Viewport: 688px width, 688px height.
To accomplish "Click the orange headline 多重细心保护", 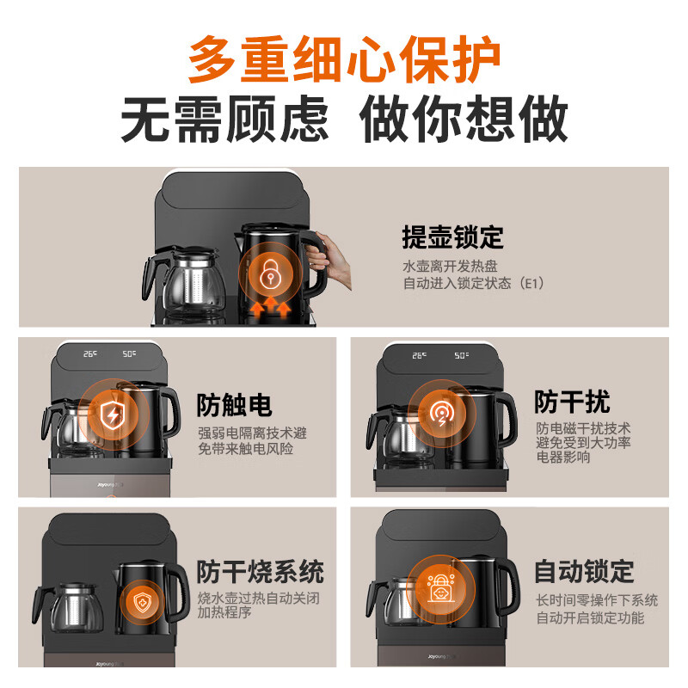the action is click(x=345, y=58).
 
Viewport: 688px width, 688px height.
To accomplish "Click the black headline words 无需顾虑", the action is click(x=224, y=119).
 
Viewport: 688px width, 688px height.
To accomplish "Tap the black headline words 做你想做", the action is click(x=464, y=119).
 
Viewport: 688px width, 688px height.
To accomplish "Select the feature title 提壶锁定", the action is click(x=453, y=237).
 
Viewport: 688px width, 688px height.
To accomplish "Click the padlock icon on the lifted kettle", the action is click(x=270, y=274).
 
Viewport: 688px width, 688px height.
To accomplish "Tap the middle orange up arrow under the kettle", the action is click(x=271, y=306).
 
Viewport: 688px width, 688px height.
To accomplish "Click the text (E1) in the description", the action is click(x=531, y=283).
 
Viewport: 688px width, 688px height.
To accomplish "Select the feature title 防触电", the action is click(x=234, y=404).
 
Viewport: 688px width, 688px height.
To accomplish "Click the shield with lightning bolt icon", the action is click(x=113, y=415).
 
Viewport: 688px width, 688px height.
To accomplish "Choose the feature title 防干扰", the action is click(x=572, y=402).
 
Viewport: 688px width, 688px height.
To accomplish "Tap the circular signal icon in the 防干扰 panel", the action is click(x=441, y=414).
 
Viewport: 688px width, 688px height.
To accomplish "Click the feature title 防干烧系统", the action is click(x=261, y=572).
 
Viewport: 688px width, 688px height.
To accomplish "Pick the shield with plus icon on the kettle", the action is click(x=142, y=601).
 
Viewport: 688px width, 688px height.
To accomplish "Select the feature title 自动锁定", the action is click(x=585, y=572).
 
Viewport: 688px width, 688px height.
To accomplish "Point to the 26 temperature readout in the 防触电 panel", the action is click(x=90, y=353).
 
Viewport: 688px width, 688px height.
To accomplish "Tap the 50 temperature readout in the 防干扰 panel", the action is click(x=461, y=355).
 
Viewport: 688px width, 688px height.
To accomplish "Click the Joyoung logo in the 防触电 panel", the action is click(x=107, y=485).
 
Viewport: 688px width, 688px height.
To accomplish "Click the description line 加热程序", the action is click(x=224, y=612).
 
